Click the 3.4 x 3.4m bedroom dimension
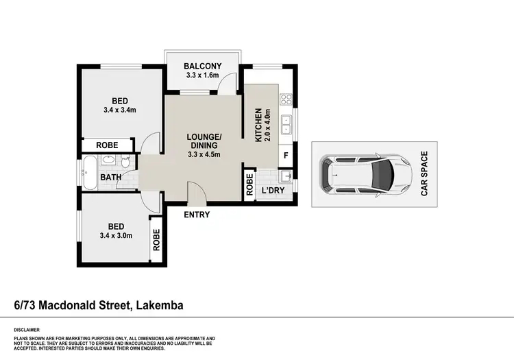(x=121, y=110)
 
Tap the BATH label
(x=111, y=178)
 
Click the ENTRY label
(x=196, y=215)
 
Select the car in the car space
(x=366, y=174)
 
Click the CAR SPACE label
(x=425, y=174)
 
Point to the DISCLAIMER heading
(x=27, y=330)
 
